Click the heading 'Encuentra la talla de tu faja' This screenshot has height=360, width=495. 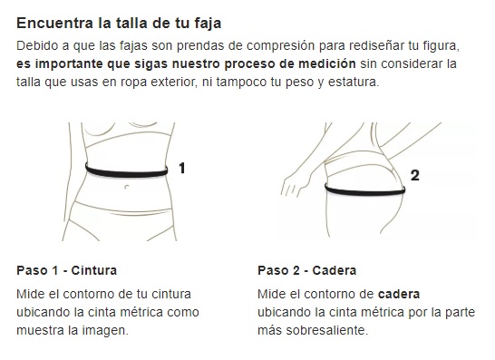pyautogui.click(x=119, y=24)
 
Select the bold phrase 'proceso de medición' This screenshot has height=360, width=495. pyautogui.click(x=290, y=64)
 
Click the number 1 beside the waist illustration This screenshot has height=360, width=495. pyautogui.click(x=182, y=168)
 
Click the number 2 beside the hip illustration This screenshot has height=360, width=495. pyautogui.click(x=415, y=175)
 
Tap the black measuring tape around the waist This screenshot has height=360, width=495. pyautogui.click(x=126, y=171)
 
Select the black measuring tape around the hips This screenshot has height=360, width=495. pyautogui.click(x=365, y=190)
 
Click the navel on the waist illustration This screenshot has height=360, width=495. pyautogui.click(x=127, y=187)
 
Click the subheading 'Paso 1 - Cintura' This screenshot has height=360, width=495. pyautogui.click(x=66, y=270)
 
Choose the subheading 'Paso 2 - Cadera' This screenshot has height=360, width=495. pyautogui.click(x=306, y=270)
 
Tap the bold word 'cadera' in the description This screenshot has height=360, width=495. pyautogui.click(x=399, y=295)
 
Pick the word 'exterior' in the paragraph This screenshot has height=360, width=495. pyautogui.click(x=175, y=83)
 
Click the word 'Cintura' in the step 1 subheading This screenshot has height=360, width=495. pyautogui.click(x=94, y=270)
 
